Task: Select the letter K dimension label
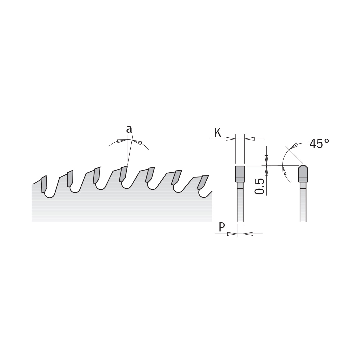pyautogui.click(x=218, y=133)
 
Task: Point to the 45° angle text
pyautogui.click(x=319, y=143)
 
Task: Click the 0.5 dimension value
pyautogui.click(x=259, y=186)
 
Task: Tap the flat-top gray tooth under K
pyautogui.click(x=240, y=174)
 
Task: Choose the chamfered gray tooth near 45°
pyautogui.click(x=303, y=173)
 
